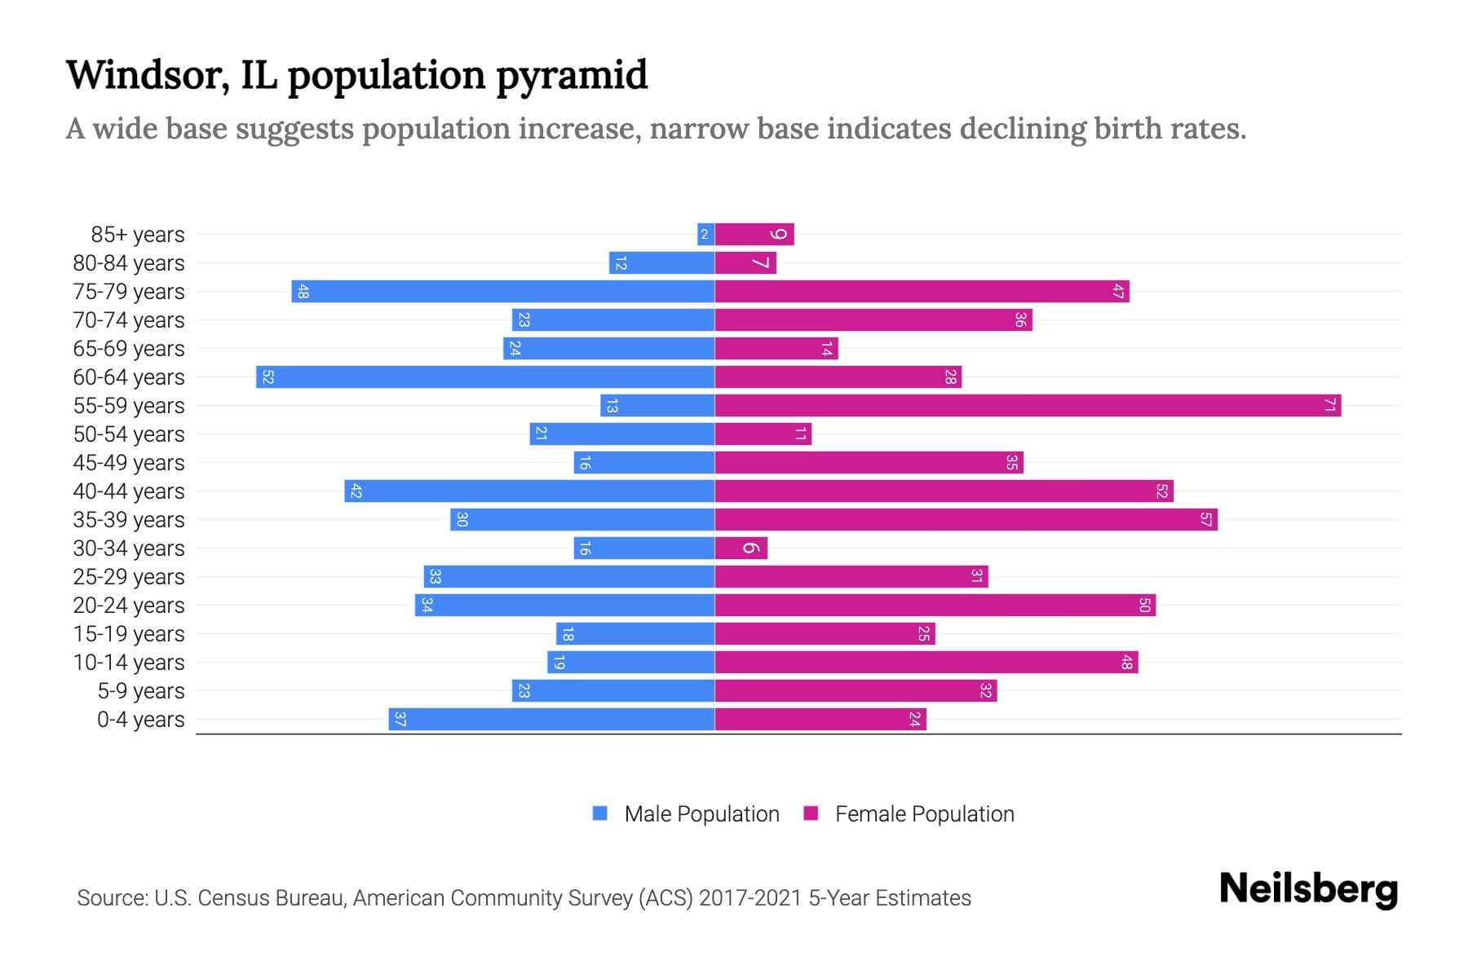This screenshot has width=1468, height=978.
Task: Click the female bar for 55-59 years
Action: pyautogui.click(x=1028, y=405)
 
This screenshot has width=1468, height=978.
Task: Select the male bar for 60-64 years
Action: pyautogui.click(x=485, y=377)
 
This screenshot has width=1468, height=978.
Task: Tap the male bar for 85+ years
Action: pyautogui.click(x=705, y=234)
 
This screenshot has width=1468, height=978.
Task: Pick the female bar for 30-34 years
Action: pyautogui.click(x=741, y=548)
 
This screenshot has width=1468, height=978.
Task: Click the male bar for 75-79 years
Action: pyautogui.click(x=503, y=291)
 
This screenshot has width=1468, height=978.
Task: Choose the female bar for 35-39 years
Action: pyautogui.click(x=966, y=519)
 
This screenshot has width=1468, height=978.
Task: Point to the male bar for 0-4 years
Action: pyautogui.click(x=551, y=719)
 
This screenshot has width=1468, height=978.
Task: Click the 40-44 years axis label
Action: pyautogui.click(x=129, y=491)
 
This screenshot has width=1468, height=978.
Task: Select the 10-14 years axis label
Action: pyautogui.click(x=129, y=663)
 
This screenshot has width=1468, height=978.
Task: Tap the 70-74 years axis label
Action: pyautogui.click(x=129, y=320)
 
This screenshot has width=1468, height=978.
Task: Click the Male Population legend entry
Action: pyautogui.click(x=686, y=813)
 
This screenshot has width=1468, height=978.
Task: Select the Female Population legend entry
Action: pyautogui.click(x=909, y=813)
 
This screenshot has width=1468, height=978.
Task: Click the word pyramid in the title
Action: pyautogui.click(x=572, y=75)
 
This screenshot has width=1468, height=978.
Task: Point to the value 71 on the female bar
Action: pyautogui.click(x=1329, y=405)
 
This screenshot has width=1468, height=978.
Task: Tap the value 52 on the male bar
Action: pyautogui.click(x=268, y=377)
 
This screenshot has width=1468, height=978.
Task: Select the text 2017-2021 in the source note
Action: pyautogui.click(x=750, y=898)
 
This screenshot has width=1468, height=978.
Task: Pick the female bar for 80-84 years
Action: pyautogui.click(x=745, y=262)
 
